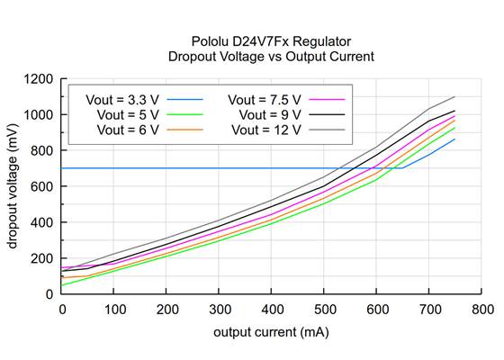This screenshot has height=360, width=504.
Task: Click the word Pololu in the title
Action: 210,41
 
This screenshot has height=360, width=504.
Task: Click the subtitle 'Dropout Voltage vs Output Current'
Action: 271,57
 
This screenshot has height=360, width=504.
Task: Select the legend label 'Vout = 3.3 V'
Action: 122,98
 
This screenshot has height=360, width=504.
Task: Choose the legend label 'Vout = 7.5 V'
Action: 265,98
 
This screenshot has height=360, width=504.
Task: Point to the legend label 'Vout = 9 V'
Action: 271,114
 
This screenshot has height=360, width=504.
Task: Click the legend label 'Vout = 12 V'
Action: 267,130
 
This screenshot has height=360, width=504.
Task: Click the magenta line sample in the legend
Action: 328,98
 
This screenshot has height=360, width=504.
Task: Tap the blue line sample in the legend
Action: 185,98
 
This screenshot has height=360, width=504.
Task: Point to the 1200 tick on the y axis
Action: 39,79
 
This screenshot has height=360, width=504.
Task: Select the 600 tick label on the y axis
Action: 42,186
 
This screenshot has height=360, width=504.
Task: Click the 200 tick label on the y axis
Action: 42,258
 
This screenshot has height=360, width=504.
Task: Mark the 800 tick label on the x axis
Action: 481,309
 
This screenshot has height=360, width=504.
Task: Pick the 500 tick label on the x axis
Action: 324,309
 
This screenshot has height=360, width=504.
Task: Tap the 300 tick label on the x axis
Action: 219,309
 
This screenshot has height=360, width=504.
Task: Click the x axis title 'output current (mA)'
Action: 271,332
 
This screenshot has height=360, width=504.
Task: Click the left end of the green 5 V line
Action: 62,285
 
